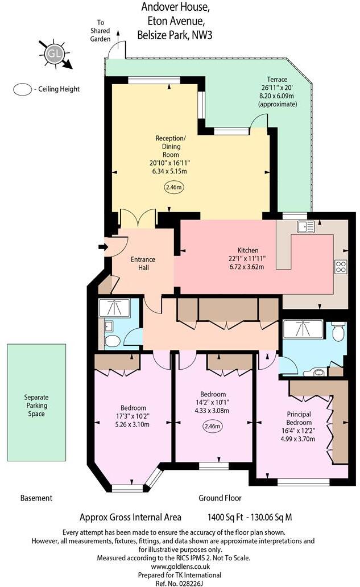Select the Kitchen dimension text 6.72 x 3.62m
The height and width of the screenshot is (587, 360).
[248, 266]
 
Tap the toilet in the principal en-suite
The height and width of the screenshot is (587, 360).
[338, 332]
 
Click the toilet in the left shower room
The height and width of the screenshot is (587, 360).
[112, 341]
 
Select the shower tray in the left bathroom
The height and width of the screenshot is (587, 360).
[114, 308]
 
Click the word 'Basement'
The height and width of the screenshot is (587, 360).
[36, 498]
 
